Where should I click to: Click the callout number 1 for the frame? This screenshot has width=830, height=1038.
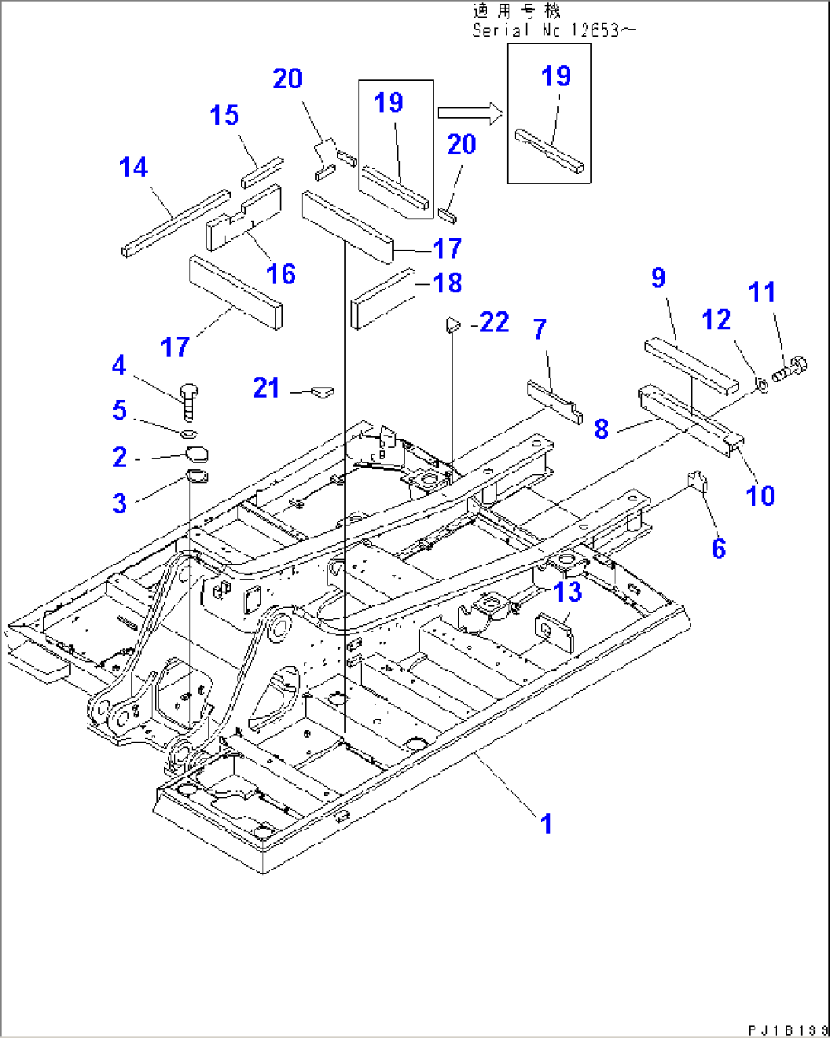(545, 823)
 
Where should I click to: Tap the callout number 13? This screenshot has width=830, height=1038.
(568, 592)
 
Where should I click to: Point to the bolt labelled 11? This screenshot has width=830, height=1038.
(790, 369)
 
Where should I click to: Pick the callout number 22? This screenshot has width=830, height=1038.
(494, 322)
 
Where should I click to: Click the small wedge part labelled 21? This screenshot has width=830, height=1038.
(323, 391)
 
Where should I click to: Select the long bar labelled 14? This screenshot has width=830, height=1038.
(175, 222)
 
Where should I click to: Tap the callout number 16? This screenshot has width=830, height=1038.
(281, 273)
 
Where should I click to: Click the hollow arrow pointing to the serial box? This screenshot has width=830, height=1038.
(470, 114)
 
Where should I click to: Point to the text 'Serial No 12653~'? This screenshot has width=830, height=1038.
(554, 30)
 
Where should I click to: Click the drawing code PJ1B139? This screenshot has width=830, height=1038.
(787, 1030)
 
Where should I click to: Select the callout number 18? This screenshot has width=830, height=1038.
(447, 283)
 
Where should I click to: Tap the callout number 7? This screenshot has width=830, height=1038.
(540, 329)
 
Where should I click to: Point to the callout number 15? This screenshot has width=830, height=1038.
(224, 115)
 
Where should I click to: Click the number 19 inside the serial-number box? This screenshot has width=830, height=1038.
(556, 76)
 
